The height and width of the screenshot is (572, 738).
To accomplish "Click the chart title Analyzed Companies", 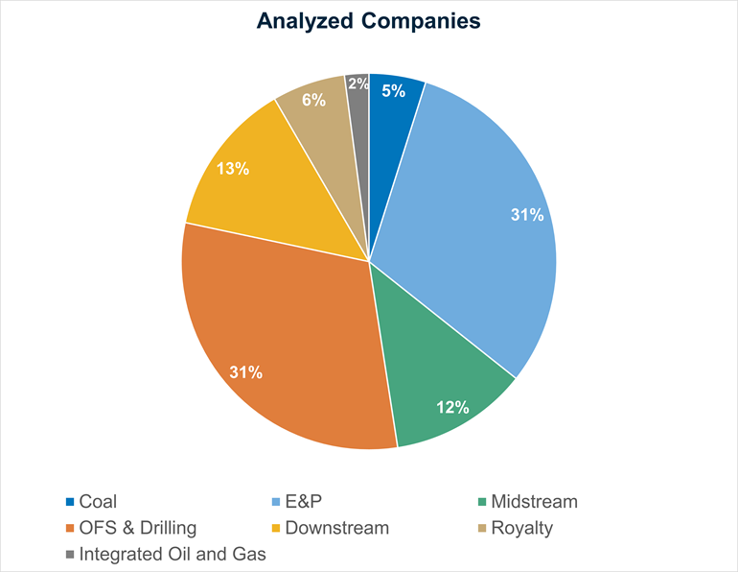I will [369, 21].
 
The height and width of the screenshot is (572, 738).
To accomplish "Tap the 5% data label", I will [393, 91].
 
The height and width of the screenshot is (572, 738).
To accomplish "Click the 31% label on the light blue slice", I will [526, 215].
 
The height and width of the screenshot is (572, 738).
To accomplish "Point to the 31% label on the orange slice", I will [246, 372].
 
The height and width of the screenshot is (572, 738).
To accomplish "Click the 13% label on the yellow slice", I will [233, 169].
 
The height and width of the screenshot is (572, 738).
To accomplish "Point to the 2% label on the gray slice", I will [357, 83].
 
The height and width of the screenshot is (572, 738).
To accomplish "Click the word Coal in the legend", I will [99, 501].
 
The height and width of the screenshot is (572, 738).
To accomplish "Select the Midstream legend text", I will [534, 501].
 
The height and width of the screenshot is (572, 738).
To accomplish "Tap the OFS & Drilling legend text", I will [138, 528].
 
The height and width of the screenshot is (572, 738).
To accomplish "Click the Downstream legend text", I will [337, 528].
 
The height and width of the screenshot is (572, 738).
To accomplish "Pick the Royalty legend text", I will [521, 528].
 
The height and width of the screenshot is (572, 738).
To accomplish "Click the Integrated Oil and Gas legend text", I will [173, 554].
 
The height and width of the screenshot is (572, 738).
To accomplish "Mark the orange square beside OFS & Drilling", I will [70, 528].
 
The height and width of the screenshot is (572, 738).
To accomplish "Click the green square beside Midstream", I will [481, 502].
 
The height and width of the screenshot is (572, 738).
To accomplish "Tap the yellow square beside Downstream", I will [276, 528].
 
